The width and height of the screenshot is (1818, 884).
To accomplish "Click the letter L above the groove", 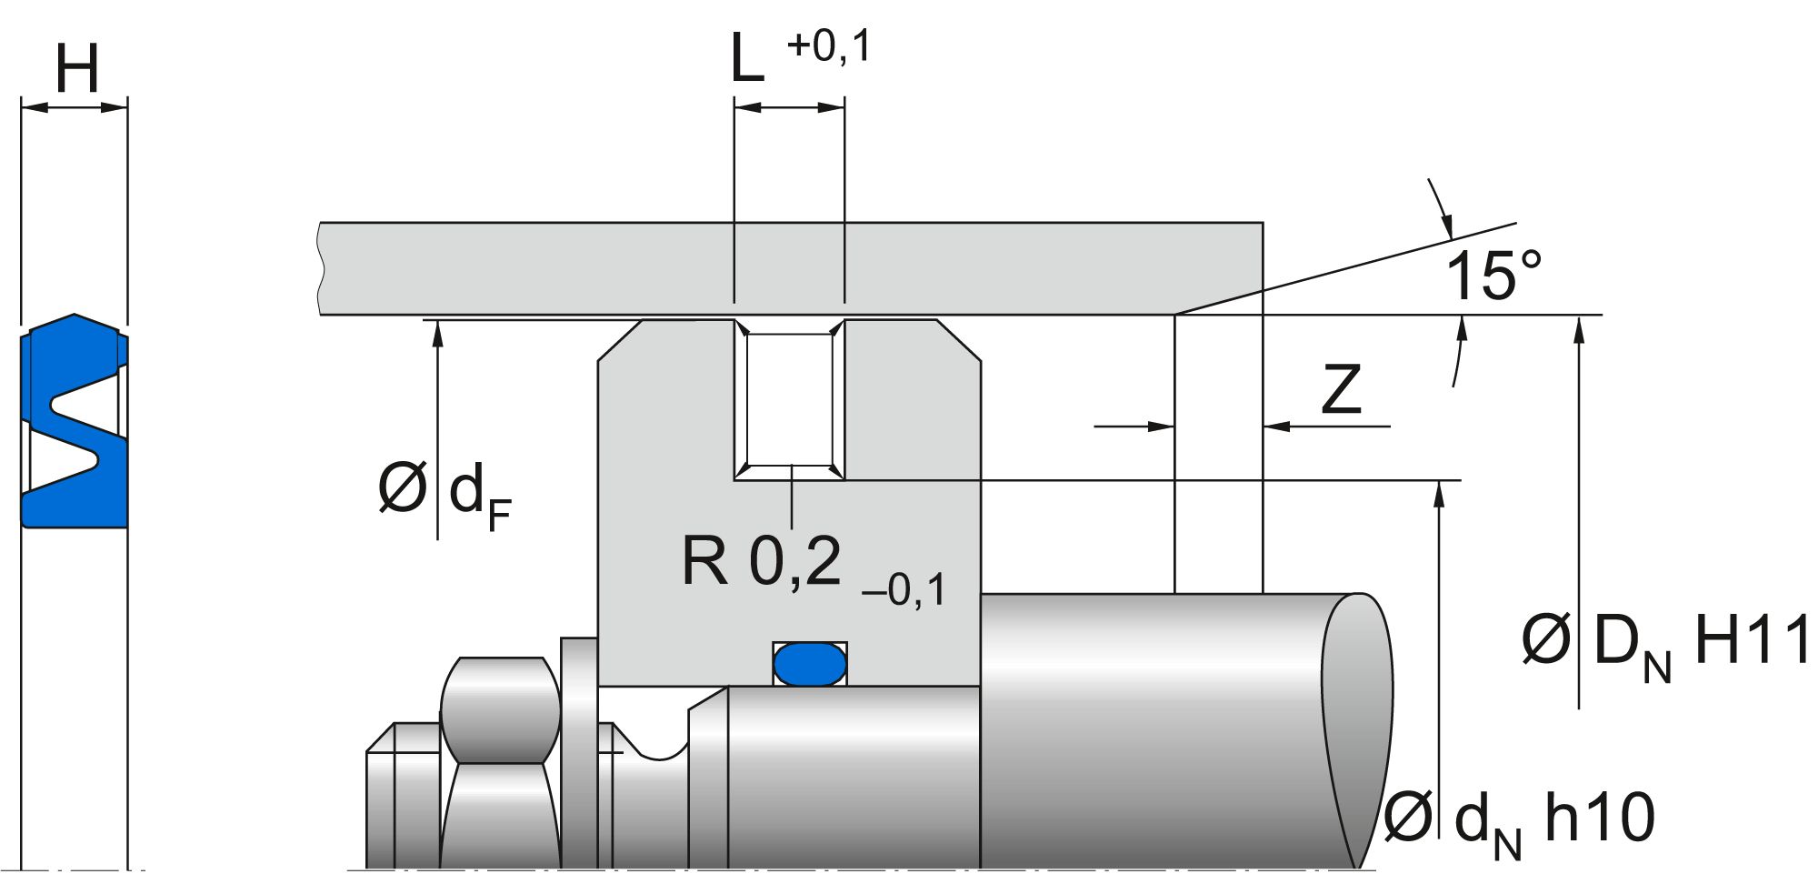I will click(x=748, y=60).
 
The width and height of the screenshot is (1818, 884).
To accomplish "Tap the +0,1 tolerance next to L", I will click(x=828, y=45).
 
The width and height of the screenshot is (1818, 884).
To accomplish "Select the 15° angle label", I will click(x=1493, y=276).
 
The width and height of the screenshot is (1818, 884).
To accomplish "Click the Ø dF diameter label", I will click(x=445, y=492).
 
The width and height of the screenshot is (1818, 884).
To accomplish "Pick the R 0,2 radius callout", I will click(x=762, y=562).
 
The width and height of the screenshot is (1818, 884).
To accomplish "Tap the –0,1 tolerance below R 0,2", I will click(x=903, y=590).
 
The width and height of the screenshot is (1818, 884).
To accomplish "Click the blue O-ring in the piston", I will click(x=809, y=664).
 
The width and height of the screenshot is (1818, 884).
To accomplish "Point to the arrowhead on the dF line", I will click(x=437, y=332).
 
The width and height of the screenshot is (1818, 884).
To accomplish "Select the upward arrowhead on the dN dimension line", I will click(x=1438, y=492).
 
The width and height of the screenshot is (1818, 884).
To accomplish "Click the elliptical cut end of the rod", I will click(x=1357, y=728).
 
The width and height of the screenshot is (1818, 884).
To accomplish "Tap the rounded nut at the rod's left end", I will click(x=499, y=709).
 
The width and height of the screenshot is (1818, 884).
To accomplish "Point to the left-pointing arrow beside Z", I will click(x=1277, y=426).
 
